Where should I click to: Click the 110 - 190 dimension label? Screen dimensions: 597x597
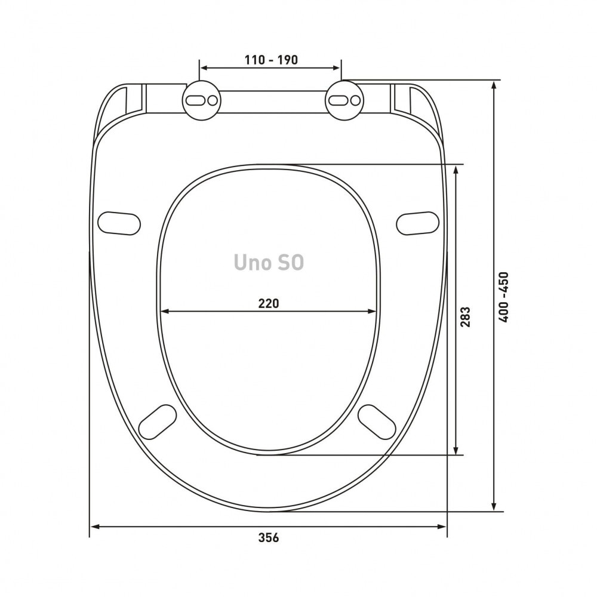tap(271, 60)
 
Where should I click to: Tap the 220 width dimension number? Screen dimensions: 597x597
tap(269, 303)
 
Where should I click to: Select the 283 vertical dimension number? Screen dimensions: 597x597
tap(465, 317)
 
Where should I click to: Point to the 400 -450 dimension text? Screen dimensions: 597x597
tap(503, 297)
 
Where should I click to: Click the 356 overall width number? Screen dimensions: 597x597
tap(269, 538)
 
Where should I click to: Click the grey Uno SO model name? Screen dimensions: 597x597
tap(269, 262)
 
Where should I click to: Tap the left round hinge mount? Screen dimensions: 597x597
tap(202, 100)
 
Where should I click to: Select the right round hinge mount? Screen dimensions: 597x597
tap(344, 100)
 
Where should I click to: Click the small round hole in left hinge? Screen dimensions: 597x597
tap(213, 100)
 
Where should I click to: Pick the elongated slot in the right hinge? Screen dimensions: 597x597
tap(338, 100)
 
